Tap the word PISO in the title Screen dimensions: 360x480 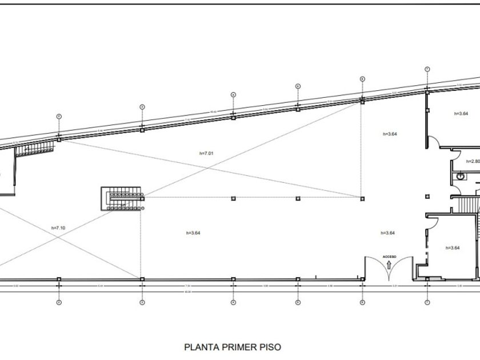(267, 347)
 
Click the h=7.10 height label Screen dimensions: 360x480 (59, 228)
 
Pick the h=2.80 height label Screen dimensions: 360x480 (472, 161)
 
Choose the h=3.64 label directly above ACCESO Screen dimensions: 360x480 (389, 233)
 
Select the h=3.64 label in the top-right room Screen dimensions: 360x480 (461, 114)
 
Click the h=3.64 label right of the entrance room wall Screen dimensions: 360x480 (452, 247)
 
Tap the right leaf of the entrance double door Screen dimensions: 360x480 (403, 264)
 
